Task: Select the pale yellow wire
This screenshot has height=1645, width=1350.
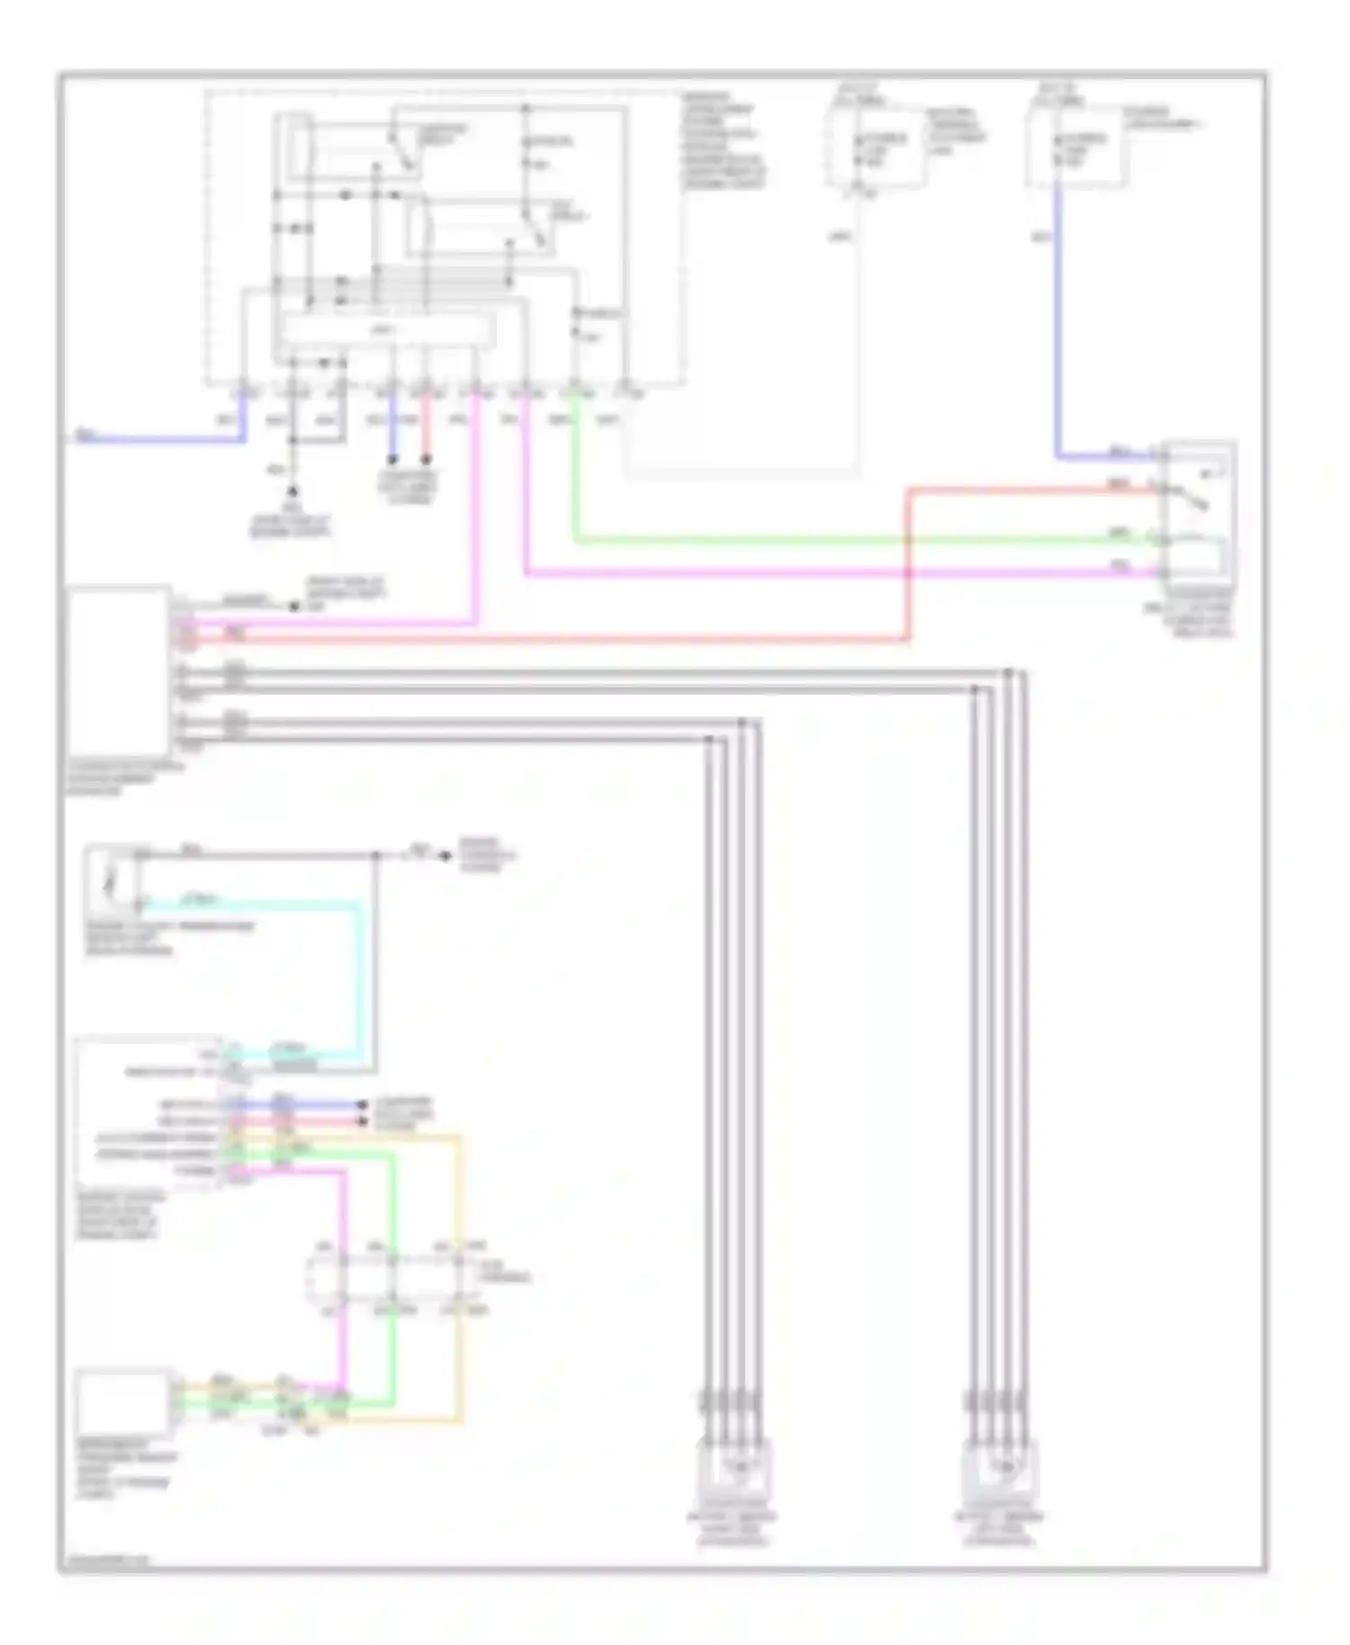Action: click(x=461, y=1278)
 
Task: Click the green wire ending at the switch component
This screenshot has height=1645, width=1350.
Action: click(x=810, y=541)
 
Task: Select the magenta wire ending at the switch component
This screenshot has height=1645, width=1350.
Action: click(x=810, y=572)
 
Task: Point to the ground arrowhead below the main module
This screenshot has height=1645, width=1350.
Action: click(x=292, y=492)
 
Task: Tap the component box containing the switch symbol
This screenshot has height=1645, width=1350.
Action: click(x=1199, y=513)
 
